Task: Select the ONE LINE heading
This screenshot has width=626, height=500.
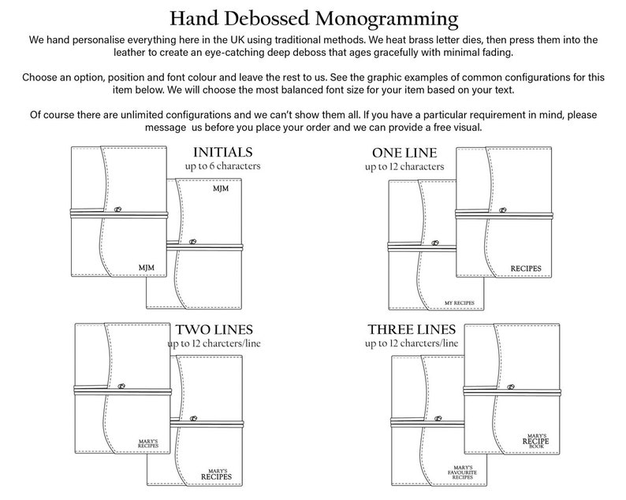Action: [x=404, y=152]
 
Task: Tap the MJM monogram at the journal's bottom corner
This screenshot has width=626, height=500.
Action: [x=147, y=268]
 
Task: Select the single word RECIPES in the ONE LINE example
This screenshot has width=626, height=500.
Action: [x=526, y=269]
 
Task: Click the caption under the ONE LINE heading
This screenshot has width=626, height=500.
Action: [x=404, y=166]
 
